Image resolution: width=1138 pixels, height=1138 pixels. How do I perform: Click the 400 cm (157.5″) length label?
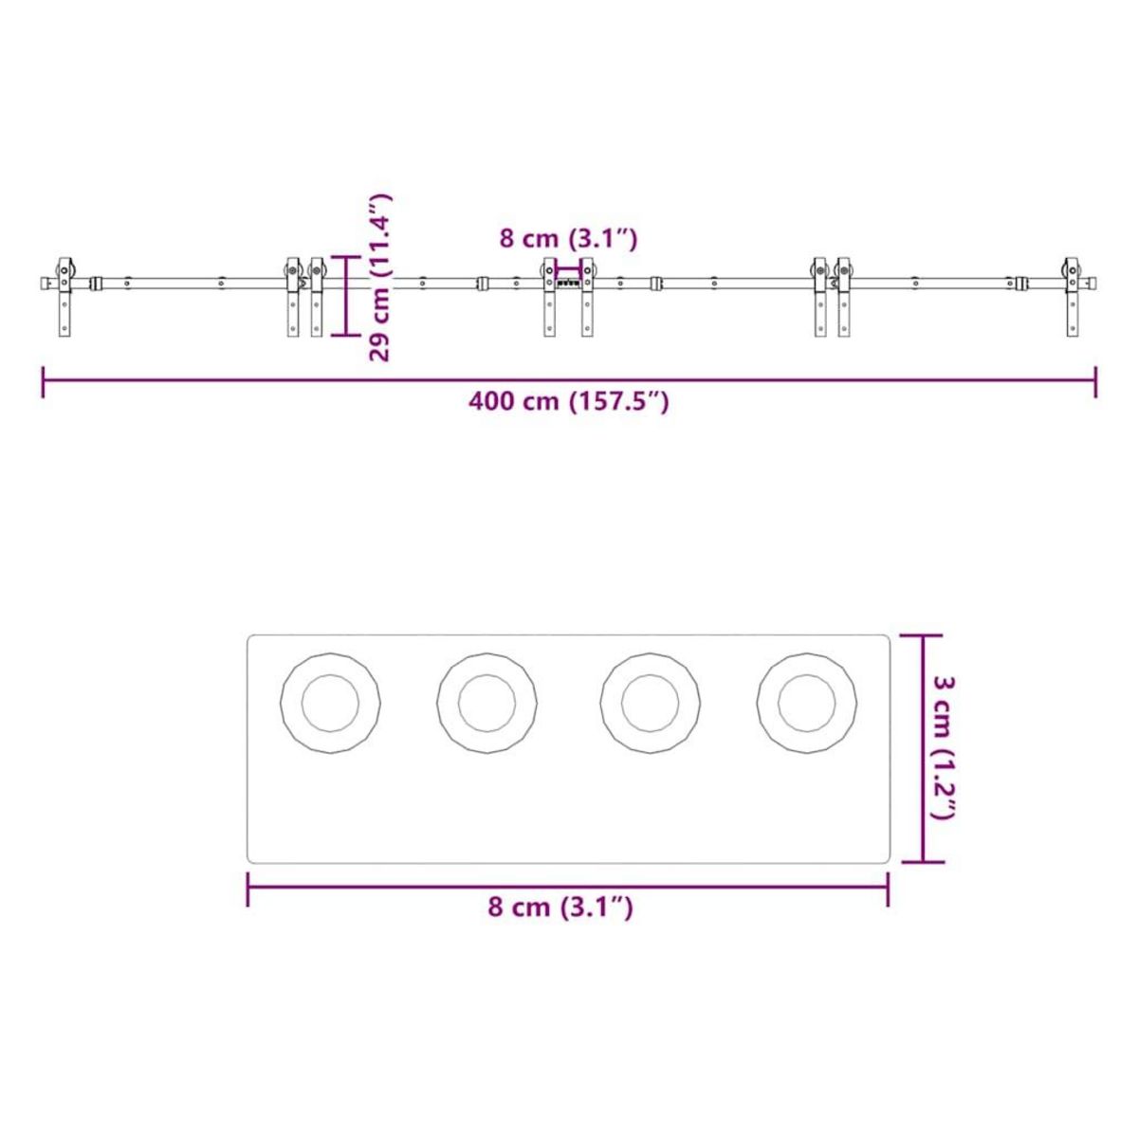click(x=569, y=401)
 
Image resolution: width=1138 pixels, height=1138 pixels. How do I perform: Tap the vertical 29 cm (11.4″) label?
click(x=379, y=277)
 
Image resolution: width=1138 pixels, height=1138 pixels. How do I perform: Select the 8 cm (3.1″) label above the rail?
click(x=568, y=238)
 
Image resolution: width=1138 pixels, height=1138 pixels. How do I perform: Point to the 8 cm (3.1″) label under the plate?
click(x=560, y=907)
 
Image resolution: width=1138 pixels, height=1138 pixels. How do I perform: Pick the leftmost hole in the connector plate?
click(x=330, y=704)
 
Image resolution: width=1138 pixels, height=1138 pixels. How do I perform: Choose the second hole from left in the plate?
click(x=486, y=704)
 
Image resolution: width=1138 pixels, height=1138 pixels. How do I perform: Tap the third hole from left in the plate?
click(x=651, y=704)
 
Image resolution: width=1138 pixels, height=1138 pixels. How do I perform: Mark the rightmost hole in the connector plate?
click(x=807, y=704)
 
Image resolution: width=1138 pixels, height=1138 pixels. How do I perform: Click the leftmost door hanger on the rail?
click(x=64, y=296)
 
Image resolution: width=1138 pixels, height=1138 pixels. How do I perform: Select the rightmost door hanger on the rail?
click(x=1072, y=296)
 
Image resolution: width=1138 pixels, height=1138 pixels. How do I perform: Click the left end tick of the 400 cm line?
click(x=44, y=381)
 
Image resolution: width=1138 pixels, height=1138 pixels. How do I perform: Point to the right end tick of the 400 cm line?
click(x=1096, y=381)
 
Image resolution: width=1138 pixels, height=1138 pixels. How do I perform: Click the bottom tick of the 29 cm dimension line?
click(x=346, y=335)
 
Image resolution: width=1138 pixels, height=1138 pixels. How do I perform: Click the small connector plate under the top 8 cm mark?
click(x=568, y=283)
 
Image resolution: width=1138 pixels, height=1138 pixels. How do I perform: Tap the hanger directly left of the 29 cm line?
click(x=317, y=296)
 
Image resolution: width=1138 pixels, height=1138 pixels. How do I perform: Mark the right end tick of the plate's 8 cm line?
click(x=888, y=889)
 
